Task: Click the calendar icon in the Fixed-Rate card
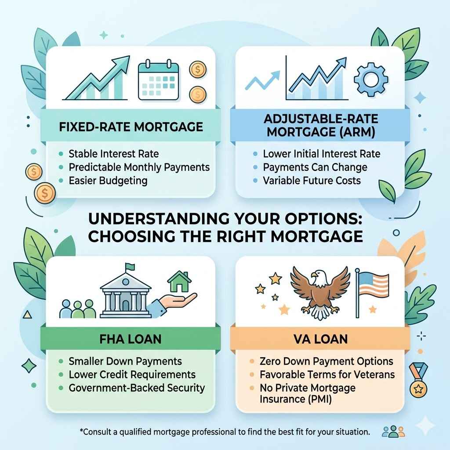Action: (158, 80)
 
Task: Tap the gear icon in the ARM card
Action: (371, 80)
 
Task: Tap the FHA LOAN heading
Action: (131, 339)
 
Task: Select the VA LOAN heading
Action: (320, 339)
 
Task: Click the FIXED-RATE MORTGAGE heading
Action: (131, 127)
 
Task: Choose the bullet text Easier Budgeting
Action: (108, 181)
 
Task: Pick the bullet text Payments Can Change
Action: (315, 167)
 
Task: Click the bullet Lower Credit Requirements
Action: (132, 374)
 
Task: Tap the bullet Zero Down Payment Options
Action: (327, 361)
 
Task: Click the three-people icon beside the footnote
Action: (393, 432)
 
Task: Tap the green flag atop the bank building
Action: (130, 267)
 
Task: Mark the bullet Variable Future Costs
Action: (312, 181)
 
